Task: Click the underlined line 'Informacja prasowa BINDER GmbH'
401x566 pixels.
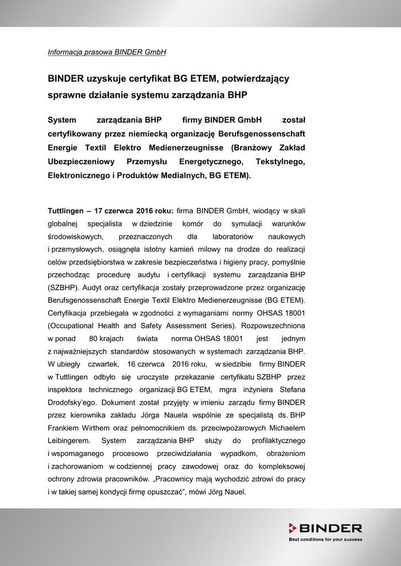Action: (107, 53)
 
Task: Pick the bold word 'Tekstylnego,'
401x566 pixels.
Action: (280, 161)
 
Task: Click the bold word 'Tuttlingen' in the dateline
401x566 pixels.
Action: (65, 211)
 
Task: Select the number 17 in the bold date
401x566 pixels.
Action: (98, 211)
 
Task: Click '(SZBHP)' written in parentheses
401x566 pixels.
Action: (64, 287)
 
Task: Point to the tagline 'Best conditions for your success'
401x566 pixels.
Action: (326, 539)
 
